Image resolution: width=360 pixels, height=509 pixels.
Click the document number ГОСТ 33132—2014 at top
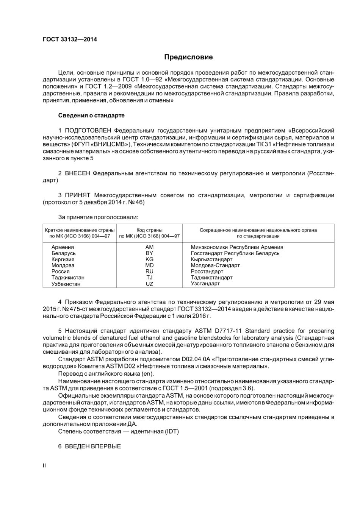[x=70, y=39]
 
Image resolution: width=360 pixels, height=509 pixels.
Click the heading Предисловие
[x=188, y=57]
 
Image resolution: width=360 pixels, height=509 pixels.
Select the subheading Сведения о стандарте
[x=91, y=115]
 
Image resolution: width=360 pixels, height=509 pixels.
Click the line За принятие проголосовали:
[x=98, y=217]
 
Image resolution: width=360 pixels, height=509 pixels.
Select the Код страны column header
[x=149, y=230]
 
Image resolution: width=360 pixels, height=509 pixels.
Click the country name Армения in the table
[x=63, y=247]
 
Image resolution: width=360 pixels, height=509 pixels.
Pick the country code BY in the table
[x=149, y=253]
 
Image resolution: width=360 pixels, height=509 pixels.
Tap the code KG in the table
[x=149, y=259]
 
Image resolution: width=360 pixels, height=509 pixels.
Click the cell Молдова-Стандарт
[x=215, y=265]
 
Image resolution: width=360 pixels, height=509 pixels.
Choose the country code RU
[x=149, y=272]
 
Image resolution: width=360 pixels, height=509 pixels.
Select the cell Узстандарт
[x=205, y=284]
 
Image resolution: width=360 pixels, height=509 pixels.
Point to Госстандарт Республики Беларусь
[x=235, y=253]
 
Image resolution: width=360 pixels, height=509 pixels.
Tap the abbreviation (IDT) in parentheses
[x=172, y=431]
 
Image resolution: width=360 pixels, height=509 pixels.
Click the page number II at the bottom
[x=44, y=465]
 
